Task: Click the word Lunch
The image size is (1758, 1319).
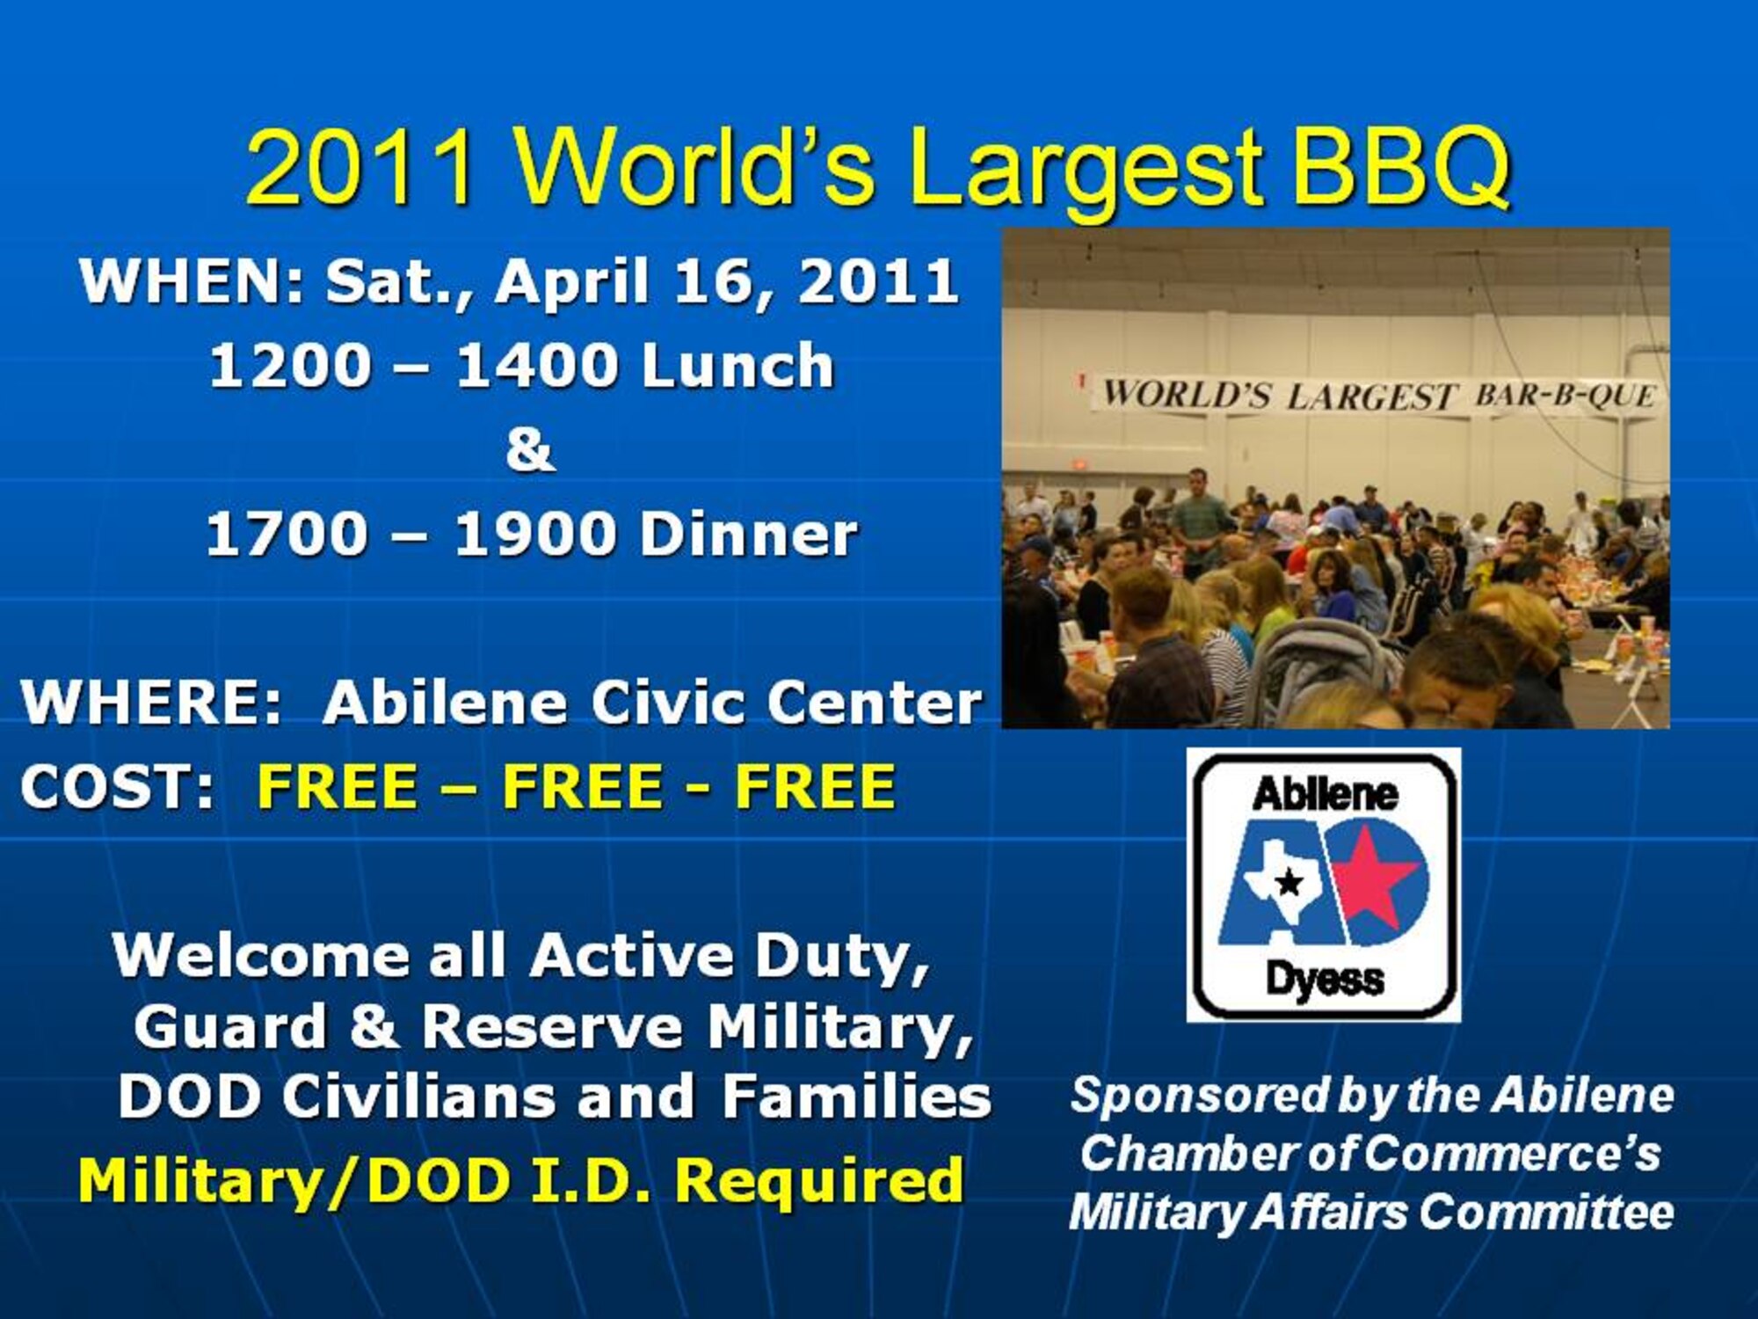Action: (737, 366)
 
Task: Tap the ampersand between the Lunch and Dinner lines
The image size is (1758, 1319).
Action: (530, 449)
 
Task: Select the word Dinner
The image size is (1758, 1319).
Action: (748, 534)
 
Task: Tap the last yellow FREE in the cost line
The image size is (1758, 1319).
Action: (815, 785)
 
